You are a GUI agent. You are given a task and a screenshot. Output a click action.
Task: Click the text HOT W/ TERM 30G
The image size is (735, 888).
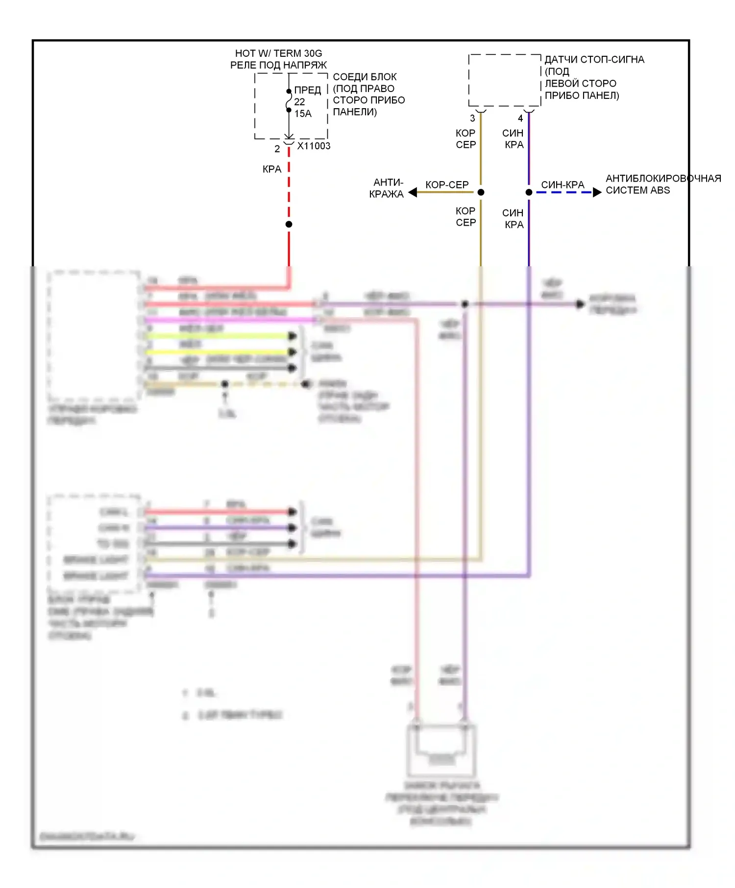point(278,53)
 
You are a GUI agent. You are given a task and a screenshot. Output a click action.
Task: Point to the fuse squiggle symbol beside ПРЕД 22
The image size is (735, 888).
point(289,101)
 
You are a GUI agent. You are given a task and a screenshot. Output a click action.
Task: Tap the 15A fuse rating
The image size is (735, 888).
point(303,114)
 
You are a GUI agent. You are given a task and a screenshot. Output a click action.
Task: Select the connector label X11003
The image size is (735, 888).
point(314,146)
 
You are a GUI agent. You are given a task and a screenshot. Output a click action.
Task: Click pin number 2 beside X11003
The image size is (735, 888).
point(277,148)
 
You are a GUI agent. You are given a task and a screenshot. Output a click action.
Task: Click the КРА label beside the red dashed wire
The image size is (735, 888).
point(272,169)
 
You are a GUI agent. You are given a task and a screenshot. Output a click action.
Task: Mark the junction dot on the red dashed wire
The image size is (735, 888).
point(289,224)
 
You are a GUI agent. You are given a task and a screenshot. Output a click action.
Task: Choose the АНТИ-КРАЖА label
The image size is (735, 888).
point(387,188)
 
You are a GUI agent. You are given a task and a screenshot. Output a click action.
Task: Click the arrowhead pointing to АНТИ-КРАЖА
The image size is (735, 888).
point(413,192)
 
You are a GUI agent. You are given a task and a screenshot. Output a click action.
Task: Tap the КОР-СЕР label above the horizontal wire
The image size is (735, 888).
point(447,185)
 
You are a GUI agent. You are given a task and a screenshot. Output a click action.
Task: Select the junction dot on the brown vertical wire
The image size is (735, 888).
point(481,192)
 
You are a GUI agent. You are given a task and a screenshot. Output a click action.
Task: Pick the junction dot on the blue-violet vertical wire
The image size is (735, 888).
point(529,192)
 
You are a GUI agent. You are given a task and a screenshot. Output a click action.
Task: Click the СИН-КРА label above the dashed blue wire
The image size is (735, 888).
point(563,185)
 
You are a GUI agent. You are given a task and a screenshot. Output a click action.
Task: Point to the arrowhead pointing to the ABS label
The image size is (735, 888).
point(597,192)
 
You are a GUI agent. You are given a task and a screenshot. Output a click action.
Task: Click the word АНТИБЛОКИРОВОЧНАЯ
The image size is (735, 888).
point(663,178)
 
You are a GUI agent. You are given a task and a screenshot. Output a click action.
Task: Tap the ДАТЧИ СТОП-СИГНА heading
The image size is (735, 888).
point(594,60)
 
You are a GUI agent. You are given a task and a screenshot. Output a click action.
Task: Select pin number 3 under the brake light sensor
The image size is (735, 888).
point(472,118)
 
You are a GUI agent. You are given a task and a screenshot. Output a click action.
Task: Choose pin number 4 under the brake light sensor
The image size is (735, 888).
point(520,118)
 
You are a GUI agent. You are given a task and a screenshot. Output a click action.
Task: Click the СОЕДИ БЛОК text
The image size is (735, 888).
point(365,77)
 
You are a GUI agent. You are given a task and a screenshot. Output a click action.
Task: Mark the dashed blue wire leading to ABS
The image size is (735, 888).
point(563,192)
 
